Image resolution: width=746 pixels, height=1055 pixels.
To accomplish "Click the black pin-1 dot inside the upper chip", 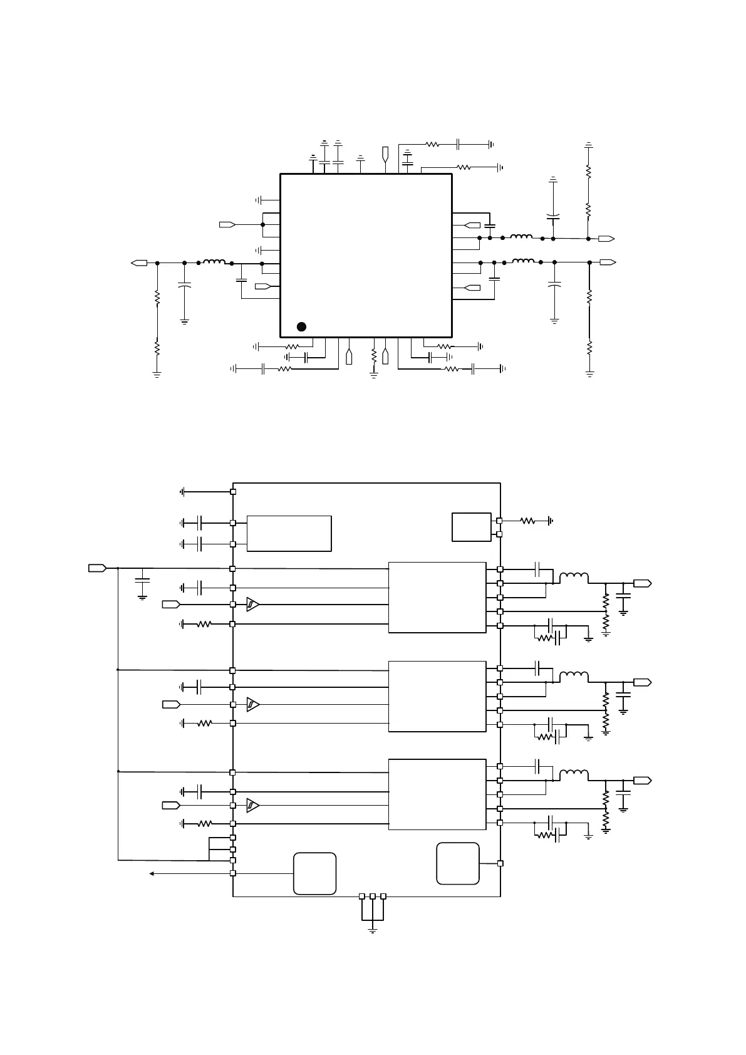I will [x=301, y=326].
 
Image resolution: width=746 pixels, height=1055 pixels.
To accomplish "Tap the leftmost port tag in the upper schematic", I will [x=139, y=262].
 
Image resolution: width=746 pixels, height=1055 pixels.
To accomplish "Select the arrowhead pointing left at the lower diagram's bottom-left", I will [x=152, y=873].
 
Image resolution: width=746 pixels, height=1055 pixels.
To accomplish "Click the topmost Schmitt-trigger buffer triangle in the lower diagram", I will [x=252, y=605].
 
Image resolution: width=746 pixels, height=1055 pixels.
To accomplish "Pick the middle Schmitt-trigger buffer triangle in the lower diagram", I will [x=252, y=705].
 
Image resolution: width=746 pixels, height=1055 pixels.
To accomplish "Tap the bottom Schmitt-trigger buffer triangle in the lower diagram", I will [x=252, y=805].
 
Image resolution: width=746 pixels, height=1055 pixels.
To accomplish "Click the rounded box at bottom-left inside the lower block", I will [x=315, y=873].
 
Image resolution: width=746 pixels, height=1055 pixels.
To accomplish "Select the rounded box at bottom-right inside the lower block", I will [x=458, y=864].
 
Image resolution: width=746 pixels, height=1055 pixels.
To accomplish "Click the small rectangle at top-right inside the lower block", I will [x=472, y=527].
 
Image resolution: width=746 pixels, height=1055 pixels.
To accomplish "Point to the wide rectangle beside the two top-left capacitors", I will [x=289, y=534].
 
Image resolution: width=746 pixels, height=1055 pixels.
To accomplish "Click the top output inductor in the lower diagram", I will [x=574, y=577].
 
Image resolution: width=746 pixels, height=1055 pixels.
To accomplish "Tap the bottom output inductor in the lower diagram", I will [x=574, y=774].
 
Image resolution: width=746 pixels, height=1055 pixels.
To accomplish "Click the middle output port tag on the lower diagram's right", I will [x=642, y=682].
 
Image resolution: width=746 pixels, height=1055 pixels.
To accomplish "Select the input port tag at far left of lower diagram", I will [x=96, y=568].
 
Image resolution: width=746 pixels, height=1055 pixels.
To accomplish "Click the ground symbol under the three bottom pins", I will [x=373, y=930].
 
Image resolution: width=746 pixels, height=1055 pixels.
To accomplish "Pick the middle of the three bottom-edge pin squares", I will [x=373, y=896].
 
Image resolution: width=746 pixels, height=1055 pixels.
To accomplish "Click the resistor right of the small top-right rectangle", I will [x=528, y=521].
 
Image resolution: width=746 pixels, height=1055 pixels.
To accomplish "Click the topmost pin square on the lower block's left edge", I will [x=233, y=492].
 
